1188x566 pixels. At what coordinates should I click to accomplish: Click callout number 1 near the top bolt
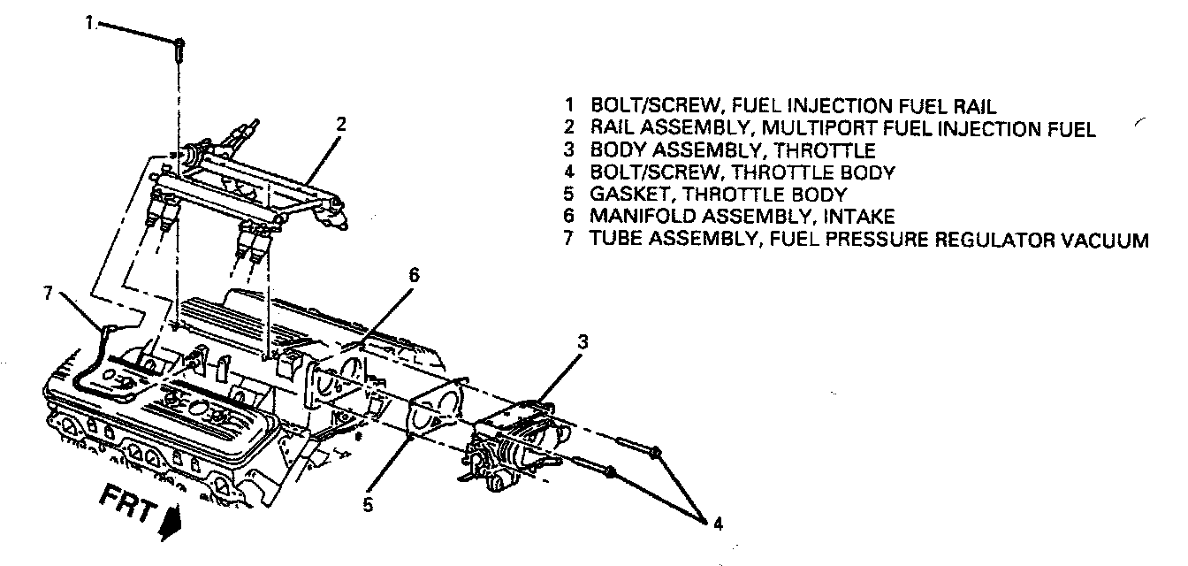89,24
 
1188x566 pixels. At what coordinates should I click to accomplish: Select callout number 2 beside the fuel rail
342,125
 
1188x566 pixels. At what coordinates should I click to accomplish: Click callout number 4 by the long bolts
717,523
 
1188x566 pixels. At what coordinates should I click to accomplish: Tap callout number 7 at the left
49,293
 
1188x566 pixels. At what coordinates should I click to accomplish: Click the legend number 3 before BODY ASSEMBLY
572,150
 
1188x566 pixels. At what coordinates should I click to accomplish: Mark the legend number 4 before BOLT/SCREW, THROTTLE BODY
572,172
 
